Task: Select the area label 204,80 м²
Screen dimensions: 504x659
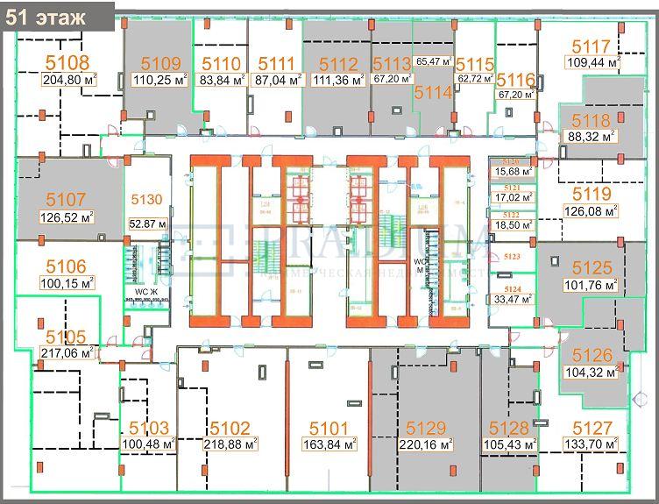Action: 68,78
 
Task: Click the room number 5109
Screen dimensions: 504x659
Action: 159,62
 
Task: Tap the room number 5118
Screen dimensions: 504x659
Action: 591,120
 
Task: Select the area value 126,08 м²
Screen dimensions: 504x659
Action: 592,210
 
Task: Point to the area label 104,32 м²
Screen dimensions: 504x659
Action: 592,372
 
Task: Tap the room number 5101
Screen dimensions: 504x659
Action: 330,428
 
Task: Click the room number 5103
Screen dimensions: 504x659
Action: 149,428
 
